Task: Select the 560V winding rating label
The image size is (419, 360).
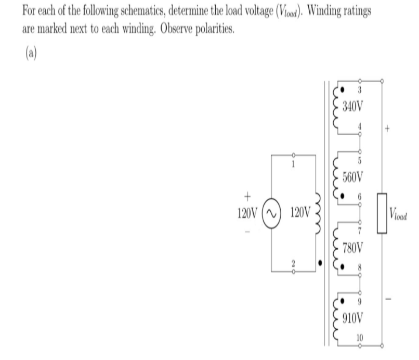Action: tap(353, 177)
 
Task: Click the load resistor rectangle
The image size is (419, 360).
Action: tap(382, 213)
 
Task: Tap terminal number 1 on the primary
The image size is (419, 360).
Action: tap(293, 164)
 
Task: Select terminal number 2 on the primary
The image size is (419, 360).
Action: tap(293, 263)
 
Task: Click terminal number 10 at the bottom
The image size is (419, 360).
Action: tap(360, 338)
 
